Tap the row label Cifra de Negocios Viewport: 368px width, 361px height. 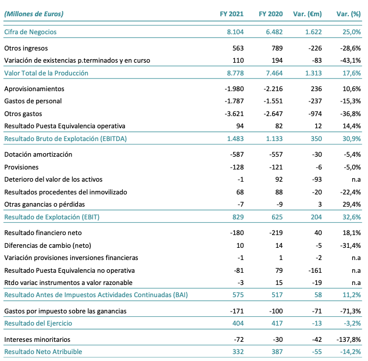point(30,32)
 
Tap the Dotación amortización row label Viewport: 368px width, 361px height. point(38,155)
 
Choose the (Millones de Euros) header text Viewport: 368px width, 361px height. point(34,13)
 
